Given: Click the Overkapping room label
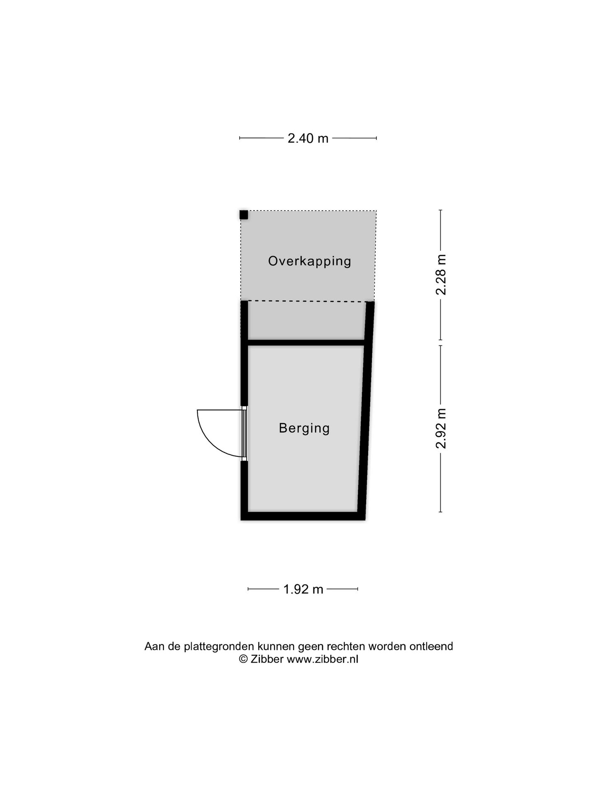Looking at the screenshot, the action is click(309, 262).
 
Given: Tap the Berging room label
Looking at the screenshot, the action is click(304, 428).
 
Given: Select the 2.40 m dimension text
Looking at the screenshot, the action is click(308, 138).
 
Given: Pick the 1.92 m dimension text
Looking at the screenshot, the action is click(303, 589).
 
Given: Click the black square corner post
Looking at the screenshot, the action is click(244, 215).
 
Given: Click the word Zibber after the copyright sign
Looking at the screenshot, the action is click(267, 660).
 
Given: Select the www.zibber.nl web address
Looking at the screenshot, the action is click(323, 660).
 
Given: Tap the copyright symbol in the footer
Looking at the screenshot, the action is click(243, 660).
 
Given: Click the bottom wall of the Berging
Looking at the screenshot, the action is click(303, 516).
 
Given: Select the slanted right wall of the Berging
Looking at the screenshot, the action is click(365, 411).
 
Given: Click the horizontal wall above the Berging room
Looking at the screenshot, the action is click(306, 343).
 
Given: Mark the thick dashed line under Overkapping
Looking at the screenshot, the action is click(308, 301).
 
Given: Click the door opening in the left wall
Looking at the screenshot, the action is click(245, 433).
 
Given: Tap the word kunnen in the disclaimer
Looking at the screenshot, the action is click(277, 646).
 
